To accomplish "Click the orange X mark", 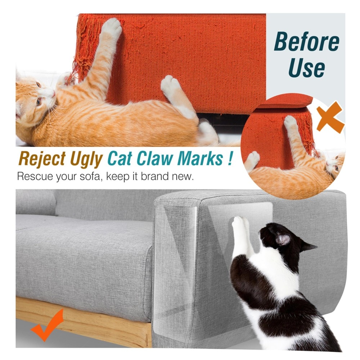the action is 330,117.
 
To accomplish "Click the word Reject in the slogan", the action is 42,158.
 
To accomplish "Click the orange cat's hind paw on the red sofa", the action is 171,85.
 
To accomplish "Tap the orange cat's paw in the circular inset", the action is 291,122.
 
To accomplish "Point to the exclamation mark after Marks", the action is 230,158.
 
